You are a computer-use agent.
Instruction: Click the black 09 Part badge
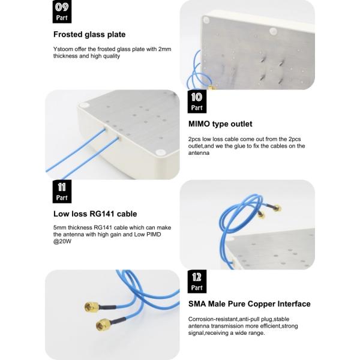click(62, 11)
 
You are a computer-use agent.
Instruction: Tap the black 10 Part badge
click(197, 101)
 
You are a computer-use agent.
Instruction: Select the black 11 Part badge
click(62, 191)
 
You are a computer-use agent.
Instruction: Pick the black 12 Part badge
click(197, 281)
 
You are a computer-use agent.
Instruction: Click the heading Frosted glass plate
click(89, 34)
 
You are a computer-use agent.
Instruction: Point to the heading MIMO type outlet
click(220, 124)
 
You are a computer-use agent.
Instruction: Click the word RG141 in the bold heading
click(102, 214)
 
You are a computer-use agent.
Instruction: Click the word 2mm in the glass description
click(164, 49)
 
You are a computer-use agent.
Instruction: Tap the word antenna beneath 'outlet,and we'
click(199, 153)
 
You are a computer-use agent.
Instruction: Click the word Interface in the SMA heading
click(294, 304)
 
